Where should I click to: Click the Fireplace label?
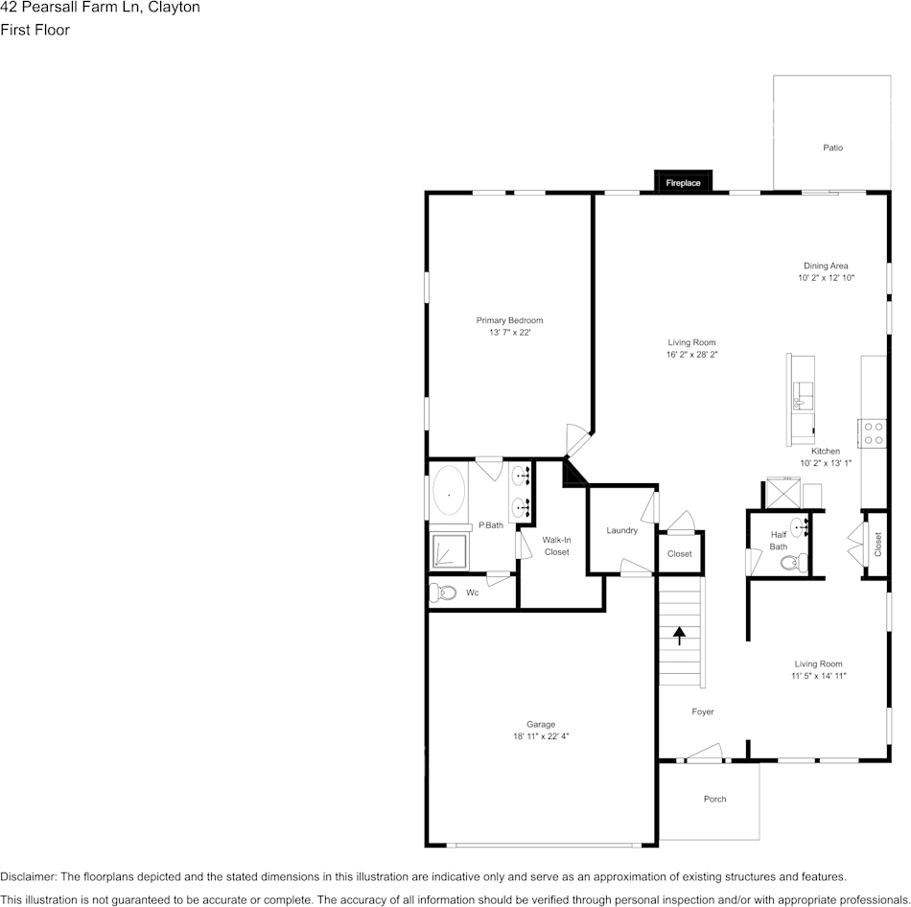tap(683, 182)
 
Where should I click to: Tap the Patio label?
tap(832, 148)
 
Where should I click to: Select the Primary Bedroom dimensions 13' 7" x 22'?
tap(509, 333)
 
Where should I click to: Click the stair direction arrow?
tap(680, 636)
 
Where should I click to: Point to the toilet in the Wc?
tap(443, 593)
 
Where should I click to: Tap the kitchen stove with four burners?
tap(873, 433)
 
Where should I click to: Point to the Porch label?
tap(714, 799)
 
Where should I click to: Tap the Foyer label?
tap(703, 711)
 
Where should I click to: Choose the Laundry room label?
tap(621, 530)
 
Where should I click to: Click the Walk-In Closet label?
tap(556, 546)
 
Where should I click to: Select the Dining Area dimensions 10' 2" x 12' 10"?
tap(826, 278)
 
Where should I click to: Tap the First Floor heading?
tap(35, 30)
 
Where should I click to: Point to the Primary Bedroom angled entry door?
tap(578, 441)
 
